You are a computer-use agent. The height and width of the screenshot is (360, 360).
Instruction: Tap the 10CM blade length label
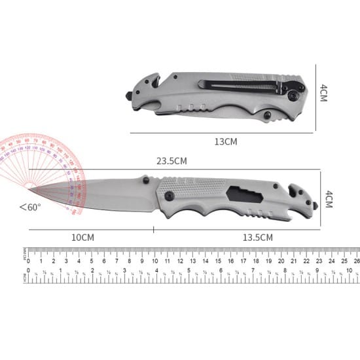(82, 238)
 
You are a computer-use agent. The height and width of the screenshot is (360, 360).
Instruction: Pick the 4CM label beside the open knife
(329, 198)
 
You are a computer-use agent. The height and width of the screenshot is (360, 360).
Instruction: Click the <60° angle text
(30, 207)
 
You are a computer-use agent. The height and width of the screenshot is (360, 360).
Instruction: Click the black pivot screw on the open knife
(168, 196)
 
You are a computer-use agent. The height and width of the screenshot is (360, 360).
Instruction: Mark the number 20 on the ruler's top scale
(280, 261)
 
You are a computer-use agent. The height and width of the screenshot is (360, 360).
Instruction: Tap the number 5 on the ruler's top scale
(91, 261)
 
